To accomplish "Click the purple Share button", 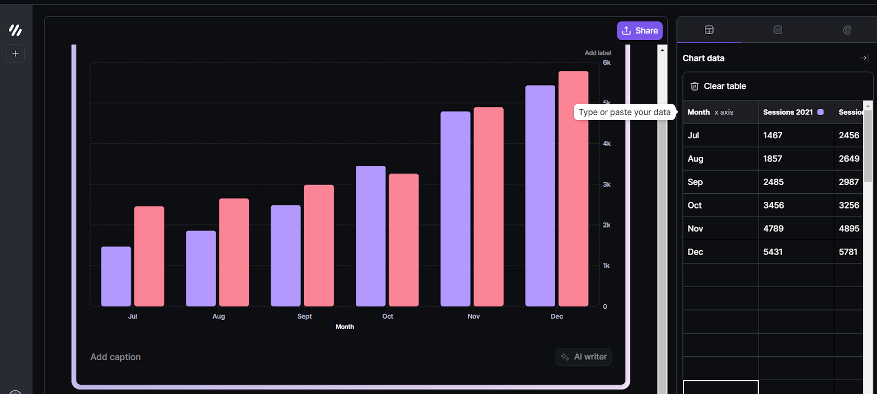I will point(640,31).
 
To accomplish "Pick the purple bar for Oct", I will point(371,235).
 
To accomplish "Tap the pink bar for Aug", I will point(234,252).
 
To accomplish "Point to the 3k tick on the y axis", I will point(607,184).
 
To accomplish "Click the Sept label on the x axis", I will point(304,317).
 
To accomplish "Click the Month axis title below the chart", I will point(345,327).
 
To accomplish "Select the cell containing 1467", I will point(773,136).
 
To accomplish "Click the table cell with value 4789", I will point(773,229).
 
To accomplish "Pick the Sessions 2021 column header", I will point(788,112).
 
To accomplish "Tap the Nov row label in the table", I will point(696,229).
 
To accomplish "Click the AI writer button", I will point(584,357).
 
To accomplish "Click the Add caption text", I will point(116,357).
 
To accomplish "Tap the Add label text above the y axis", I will point(597,53).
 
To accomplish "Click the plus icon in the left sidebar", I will point(15,54).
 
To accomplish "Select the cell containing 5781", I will point(848,252).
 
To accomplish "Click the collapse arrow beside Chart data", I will point(864,58).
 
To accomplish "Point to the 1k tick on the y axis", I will point(606,266).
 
